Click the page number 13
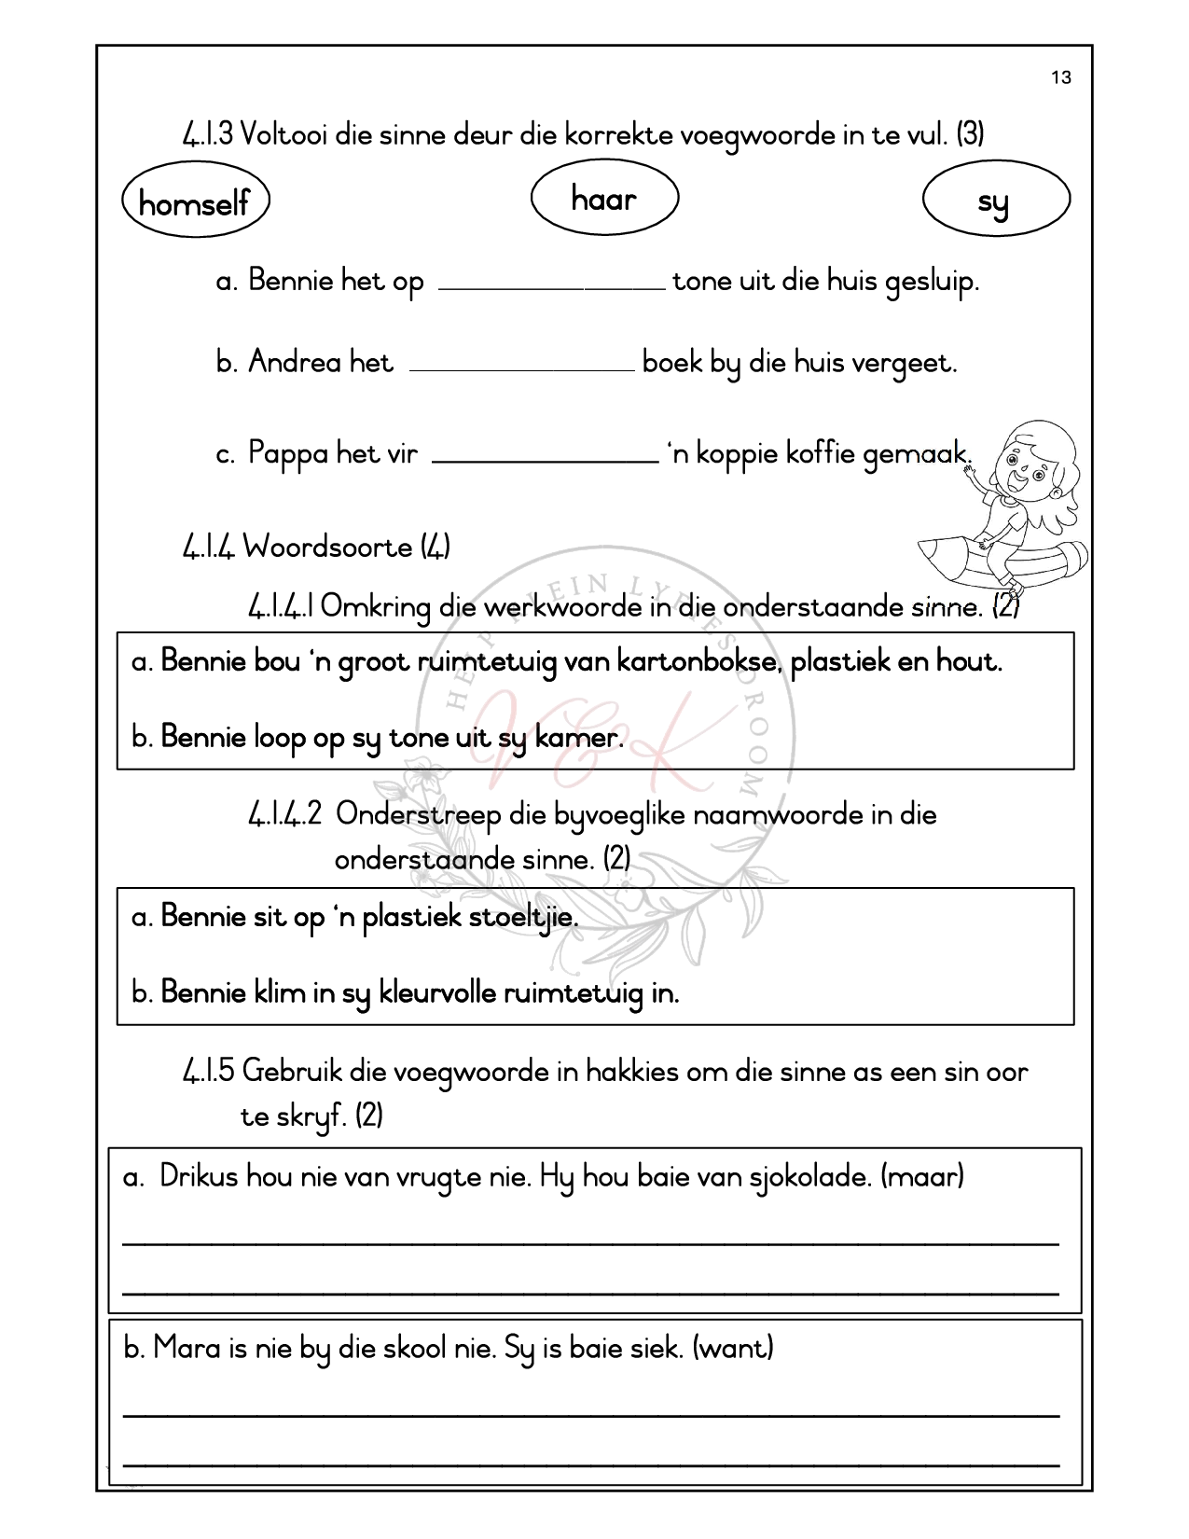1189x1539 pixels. [x=1061, y=77]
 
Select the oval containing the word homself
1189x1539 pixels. [x=195, y=201]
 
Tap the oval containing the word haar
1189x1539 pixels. [x=603, y=199]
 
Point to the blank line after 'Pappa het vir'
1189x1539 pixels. [x=546, y=457]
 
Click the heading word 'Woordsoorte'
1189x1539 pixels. [x=327, y=547]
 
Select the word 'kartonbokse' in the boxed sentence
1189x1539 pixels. [x=674, y=662]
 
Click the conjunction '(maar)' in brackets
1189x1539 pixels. [x=921, y=1176]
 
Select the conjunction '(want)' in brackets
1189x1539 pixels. [x=733, y=1348]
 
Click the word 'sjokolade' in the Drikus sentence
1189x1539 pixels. [x=809, y=1177]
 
